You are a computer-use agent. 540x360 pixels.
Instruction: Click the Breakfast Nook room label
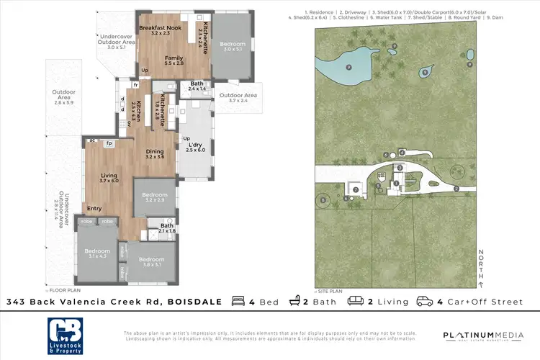pyautogui.click(x=156, y=29)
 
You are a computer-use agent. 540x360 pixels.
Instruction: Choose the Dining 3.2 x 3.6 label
pyautogui.click(x=155, y=153)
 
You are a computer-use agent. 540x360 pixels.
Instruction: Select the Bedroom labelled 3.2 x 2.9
pyautogui.click(x=155, y=197)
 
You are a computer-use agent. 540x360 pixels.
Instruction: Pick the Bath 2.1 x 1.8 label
pyautogui.click(x=166, y=228)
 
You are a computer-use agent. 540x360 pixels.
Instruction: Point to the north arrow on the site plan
pyautogui.click(x=480, y=266)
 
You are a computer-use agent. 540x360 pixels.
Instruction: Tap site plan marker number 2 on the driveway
pyautogui.click(x=456, y=189)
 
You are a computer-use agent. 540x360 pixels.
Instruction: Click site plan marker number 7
pyautogui.click(x=355, y=189)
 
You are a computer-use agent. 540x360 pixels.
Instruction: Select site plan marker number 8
pyautogui.click(x=323, y=199)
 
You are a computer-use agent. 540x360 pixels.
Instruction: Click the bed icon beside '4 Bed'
pyautogui.click(x=235, y=302)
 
